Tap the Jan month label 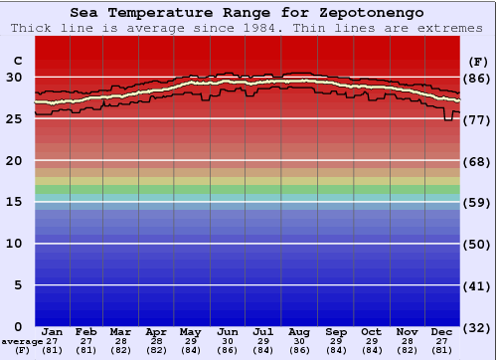tap(53, 332)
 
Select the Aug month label tap(300, 332)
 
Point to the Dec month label tap(442, 332)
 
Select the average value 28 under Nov tap(407, 341)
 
